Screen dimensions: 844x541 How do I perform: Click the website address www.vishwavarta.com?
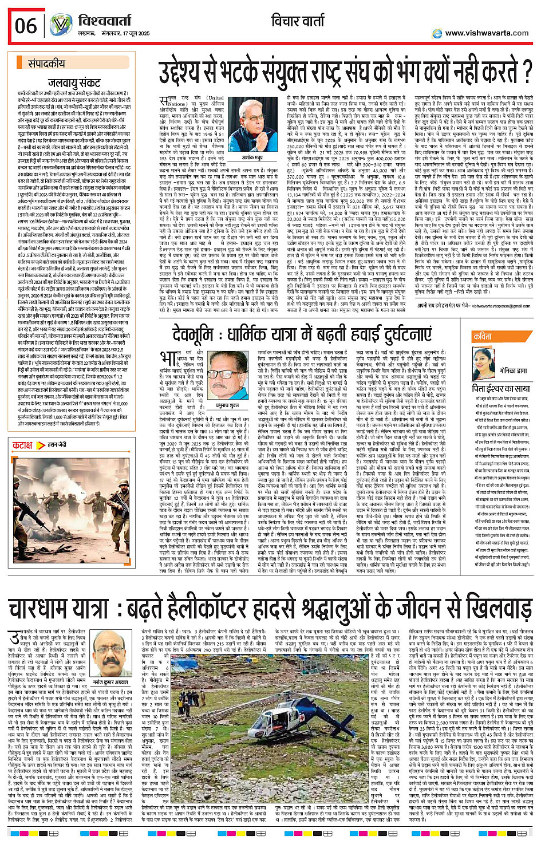point(487,33)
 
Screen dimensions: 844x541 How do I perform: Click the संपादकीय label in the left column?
point(48,64)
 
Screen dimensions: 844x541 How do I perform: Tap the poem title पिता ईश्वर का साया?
point(501,389)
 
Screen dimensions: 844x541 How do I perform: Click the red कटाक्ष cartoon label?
point(23,445)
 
